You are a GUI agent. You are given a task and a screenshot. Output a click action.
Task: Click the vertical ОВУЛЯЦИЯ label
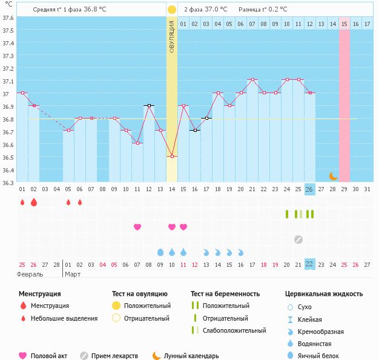point(172,36)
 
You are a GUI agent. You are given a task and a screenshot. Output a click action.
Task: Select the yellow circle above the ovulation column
point(172,10)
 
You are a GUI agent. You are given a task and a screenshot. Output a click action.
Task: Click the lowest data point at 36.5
point(172,157)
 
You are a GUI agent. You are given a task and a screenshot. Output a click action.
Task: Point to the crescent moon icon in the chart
point(333,176)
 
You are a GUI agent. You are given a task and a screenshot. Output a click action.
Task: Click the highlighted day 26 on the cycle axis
point(309,189)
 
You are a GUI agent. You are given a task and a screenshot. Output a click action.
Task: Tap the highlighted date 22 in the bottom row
point(309,264)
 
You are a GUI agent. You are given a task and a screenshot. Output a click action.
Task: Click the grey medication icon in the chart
point(298,239)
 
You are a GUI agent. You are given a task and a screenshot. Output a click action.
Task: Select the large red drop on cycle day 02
point(34,202)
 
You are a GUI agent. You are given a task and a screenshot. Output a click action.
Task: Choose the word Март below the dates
point(73,274)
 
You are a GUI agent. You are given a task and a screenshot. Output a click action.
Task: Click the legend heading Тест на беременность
point(225,294)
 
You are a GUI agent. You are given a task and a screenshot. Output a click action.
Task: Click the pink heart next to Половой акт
point(23,356)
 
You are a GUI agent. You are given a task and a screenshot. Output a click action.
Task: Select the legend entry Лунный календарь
point(191,356)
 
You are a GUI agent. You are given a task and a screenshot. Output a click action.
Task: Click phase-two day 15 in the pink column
point(344,24)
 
